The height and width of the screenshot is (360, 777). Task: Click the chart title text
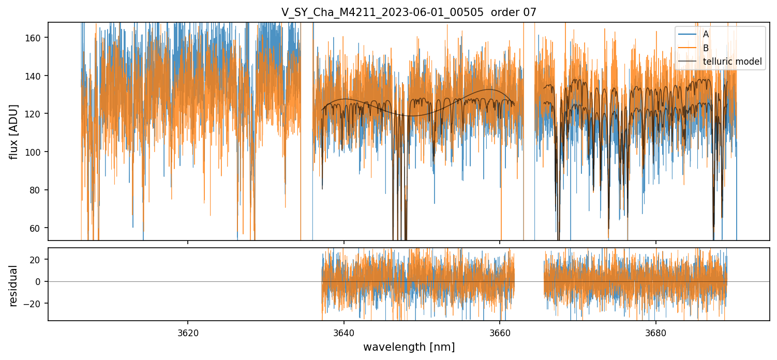[x=409, y=12]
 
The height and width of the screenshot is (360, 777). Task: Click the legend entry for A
[x=706, y=34]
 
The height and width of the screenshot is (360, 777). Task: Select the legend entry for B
[x=706, y=48]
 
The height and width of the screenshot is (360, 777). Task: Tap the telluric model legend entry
[x=732, y=62]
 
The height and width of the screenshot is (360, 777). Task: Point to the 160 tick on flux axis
[x=38, y=38]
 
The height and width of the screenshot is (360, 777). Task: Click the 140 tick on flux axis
[x=38, y=76]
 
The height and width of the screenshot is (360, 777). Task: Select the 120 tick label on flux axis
[x=38, y=114]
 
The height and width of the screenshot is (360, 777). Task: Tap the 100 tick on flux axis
[x=38, y=152]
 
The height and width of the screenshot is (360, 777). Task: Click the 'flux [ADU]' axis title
[x=14, y=131]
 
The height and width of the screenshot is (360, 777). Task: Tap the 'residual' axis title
[x=14, y=285]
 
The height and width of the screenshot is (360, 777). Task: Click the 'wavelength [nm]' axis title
[x=409, y=347]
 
